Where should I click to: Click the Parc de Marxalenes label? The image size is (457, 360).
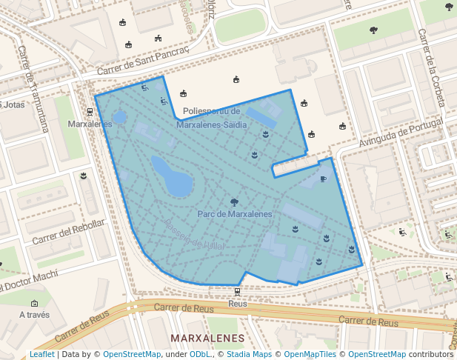(235, 214)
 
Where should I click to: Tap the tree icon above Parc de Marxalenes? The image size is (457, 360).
(235, 201)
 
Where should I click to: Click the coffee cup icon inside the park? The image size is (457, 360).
(323, 179)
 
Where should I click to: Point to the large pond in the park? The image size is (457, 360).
(172, 176)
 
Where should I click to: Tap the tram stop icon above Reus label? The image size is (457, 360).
(237, 292)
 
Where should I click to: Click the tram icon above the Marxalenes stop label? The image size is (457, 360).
(90, 113)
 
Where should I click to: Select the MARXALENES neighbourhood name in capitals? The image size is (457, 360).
(207, 339)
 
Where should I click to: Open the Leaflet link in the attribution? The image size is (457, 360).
(42, 355)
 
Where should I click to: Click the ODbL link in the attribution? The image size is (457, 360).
(201, 355)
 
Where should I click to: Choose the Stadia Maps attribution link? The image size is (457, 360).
(248, 355)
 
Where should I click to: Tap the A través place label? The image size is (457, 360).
(35, 314)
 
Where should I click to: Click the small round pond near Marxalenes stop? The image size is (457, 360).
(119, 116)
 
